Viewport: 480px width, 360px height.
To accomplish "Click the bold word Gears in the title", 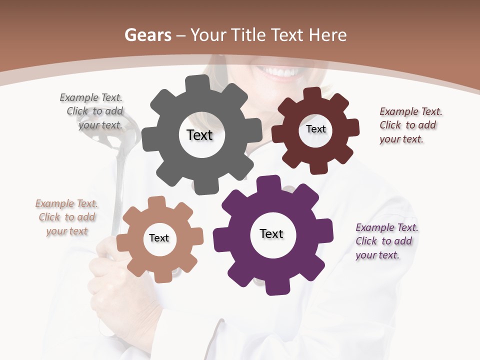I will [147, 35].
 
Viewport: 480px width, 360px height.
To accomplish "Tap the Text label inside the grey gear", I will [199, 135].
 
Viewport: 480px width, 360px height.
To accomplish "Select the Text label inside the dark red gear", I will [315, 129].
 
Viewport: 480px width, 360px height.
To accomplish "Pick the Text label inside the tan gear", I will [159, 238].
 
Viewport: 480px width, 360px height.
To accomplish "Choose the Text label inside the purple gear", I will [271, 233].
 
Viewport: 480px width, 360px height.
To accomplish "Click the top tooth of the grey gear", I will [197, 83].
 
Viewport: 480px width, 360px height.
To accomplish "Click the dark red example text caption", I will [410, 125].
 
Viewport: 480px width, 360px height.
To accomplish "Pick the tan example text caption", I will [67, 217].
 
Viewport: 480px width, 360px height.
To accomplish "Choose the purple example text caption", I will [386, 241].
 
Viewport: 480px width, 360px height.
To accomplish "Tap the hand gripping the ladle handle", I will [107, 265].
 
